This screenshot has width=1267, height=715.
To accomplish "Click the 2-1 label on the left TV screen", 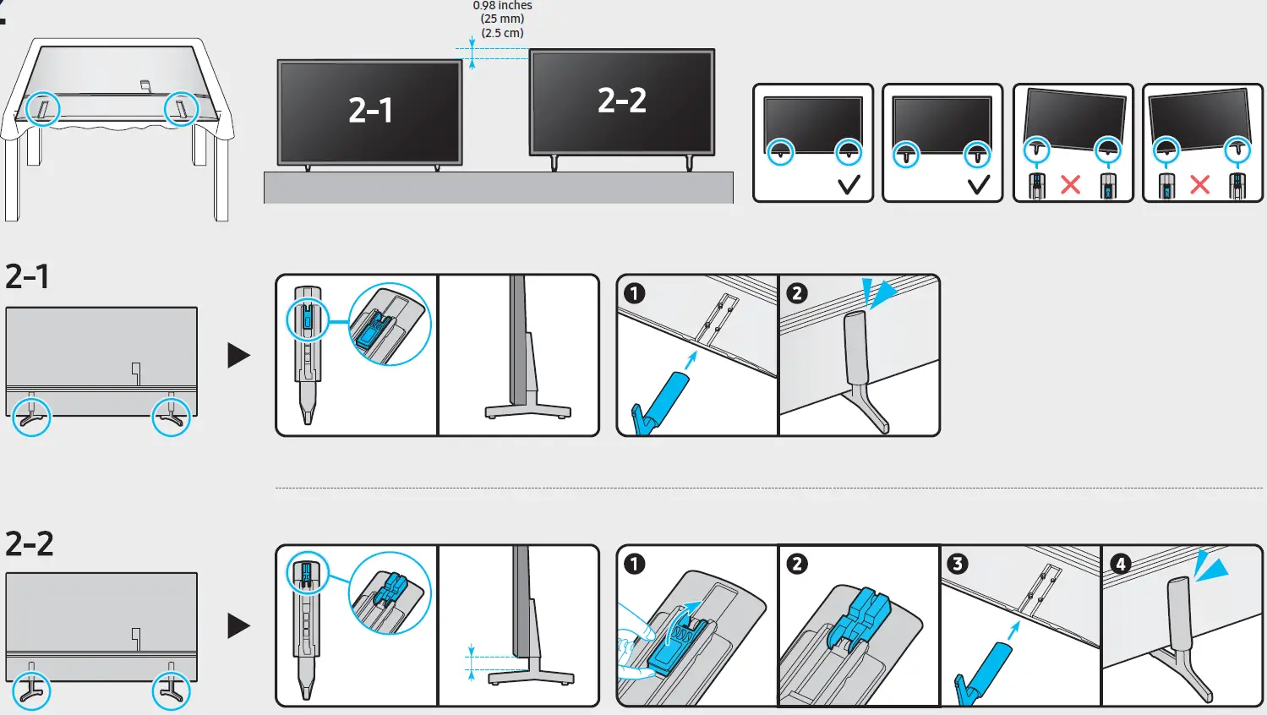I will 370,111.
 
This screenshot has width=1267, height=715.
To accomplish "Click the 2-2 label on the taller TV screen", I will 622,101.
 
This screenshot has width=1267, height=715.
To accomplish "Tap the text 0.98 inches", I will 502,6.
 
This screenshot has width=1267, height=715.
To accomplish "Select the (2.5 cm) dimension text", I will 502,33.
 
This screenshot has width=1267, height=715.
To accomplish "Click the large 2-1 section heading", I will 28,276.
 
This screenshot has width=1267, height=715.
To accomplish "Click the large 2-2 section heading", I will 30,543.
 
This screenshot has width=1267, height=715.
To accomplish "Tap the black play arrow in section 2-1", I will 238,355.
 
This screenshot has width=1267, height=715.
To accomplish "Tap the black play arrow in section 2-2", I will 238,625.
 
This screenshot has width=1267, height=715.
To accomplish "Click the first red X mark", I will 1070,184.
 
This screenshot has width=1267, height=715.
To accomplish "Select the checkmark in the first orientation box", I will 849,184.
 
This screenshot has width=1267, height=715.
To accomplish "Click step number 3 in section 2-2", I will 957,564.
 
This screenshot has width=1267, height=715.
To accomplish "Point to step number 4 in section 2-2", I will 1120,564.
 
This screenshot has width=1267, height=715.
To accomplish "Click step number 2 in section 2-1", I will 796,293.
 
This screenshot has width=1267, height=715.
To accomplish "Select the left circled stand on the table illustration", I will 43,108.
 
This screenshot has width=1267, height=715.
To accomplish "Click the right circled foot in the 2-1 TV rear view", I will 171,417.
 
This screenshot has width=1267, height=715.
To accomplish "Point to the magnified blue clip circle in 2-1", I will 390,325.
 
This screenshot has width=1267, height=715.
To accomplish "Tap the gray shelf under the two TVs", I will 499,188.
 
